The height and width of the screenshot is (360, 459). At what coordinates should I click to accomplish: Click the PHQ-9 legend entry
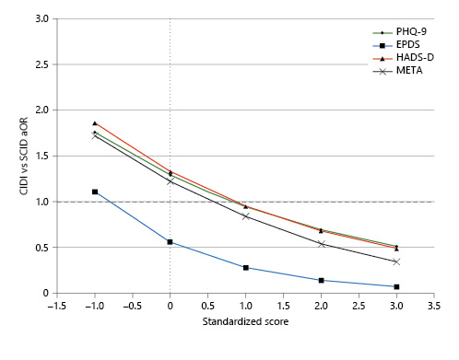coord(400,30)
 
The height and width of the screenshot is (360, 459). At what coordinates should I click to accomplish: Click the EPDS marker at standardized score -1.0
coord(95,192)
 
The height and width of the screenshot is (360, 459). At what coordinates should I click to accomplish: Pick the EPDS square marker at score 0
coord(171,242)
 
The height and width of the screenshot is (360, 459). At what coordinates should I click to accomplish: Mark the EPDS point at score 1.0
coord(246,268)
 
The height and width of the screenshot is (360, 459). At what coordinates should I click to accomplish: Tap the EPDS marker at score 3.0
coord(396,286)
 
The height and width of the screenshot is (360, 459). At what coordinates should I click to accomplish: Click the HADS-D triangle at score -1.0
coord(95,122)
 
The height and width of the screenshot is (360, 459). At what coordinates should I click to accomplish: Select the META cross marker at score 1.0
coord(246,216)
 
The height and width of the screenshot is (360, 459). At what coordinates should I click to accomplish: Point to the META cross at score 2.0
coord(321,244)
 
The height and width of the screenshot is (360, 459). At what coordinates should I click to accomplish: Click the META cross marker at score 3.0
coord(396,261)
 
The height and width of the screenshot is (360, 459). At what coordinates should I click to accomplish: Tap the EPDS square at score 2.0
coord(321,280)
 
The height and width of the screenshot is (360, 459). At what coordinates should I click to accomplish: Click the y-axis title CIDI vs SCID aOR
coord(12,155)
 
